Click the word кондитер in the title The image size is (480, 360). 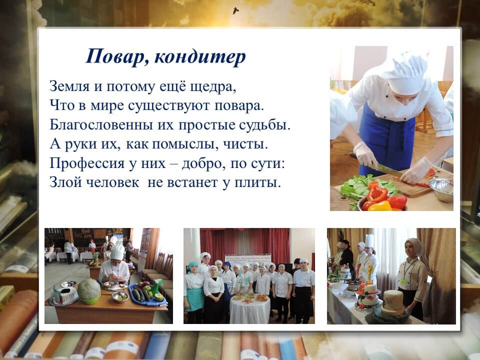tap(199, 57)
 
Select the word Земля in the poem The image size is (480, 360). tap(69, 86)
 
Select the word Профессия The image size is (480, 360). tap(87, 163)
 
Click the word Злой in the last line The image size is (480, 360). tap(65, 182)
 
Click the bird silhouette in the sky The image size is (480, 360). tap(235, 11)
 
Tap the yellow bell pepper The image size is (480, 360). tap(380, 206)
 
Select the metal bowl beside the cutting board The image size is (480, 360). tap(441, 189)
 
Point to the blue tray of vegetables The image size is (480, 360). tap(147, 294)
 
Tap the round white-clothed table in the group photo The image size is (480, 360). tap(250, 308)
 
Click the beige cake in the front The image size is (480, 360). tap(393, 303)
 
